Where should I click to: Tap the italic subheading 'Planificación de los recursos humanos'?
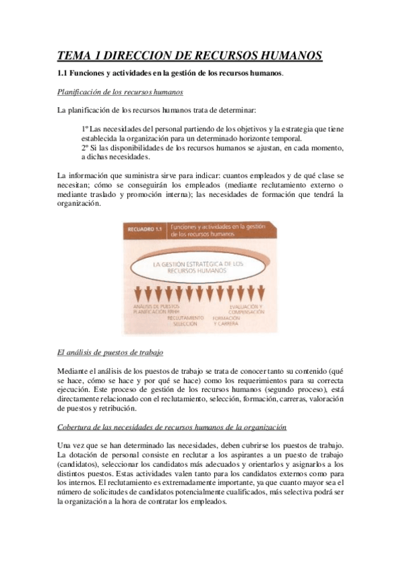(121, 91)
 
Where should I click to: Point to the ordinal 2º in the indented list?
(86, 147)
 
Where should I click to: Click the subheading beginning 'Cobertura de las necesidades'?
(172, 427)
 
